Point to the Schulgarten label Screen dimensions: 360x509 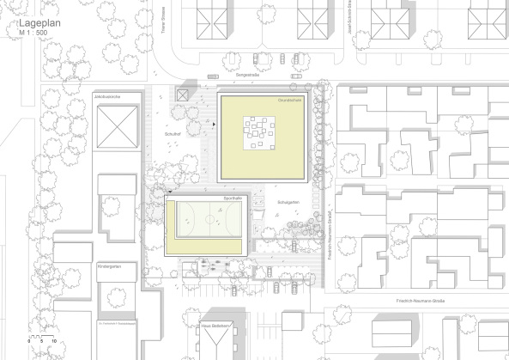coord(288,203)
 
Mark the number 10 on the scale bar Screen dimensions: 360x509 coord(54,342)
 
